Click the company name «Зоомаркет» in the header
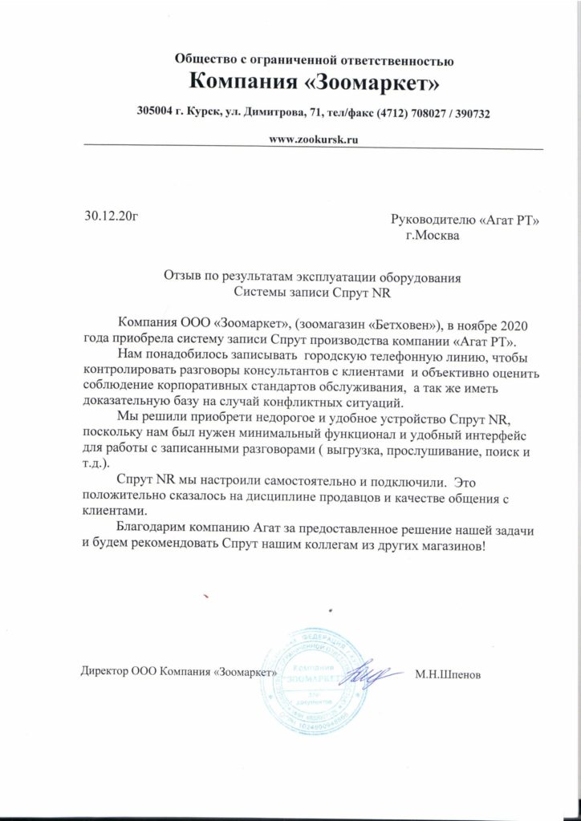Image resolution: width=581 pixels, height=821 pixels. click(x=359, y=81)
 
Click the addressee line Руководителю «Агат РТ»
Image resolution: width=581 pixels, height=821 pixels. click(x=464, y=220)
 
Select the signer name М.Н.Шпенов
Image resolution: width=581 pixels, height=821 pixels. click(x=449, y=674)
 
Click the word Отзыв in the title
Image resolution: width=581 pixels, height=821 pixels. click(x=181, y=279)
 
